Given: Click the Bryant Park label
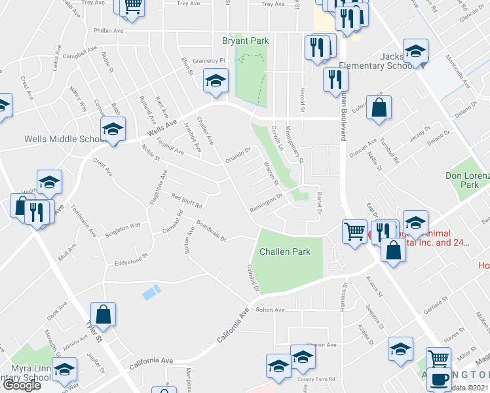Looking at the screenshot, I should (x=246, y=41).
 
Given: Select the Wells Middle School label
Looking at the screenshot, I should (x=56, y=139).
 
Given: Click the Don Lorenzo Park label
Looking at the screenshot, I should (x=468, y=180).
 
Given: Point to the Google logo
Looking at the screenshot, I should (x=22, y=385).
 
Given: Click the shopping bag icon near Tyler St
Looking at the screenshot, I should (x=104, y=314).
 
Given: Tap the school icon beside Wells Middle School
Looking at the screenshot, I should (x=113, y=129).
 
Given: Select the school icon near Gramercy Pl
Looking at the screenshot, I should (x=214, y=82).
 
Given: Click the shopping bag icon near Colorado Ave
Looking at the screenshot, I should (x=379, y=108).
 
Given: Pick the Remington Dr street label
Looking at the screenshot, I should (x=265, y=202).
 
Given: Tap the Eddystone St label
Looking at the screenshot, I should (x=130, y=263).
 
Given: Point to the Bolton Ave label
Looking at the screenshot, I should (x=270, y=310).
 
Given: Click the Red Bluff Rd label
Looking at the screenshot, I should (x=186, y=197).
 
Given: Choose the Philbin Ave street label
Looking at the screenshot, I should (x=108, y=30).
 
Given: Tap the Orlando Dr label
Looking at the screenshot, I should (x=238, y=155).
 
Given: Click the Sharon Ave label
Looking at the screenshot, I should (x=322, y=345).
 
